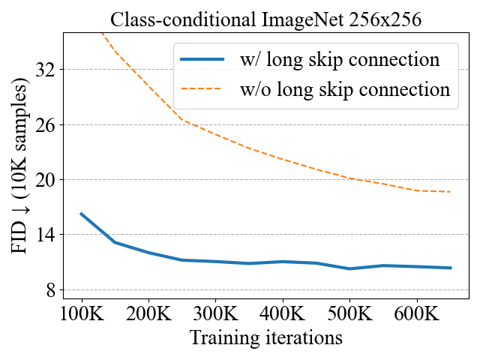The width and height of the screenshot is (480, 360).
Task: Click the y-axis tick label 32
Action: pos(47,70)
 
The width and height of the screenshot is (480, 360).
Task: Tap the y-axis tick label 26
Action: pos(47,124)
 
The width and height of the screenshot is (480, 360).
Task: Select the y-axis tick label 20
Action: pos(47,180)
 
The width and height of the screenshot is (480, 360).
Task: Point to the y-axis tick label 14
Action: pos(47,235)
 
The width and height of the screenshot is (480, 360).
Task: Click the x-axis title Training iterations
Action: pos(266,338)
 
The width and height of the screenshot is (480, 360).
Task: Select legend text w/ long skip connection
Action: pos(339,59)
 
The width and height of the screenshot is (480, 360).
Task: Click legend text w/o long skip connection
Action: pos(344,90)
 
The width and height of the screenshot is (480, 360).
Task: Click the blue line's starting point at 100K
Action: pos(82,214)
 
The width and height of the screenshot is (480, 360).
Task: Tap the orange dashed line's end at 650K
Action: pos(450,192)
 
